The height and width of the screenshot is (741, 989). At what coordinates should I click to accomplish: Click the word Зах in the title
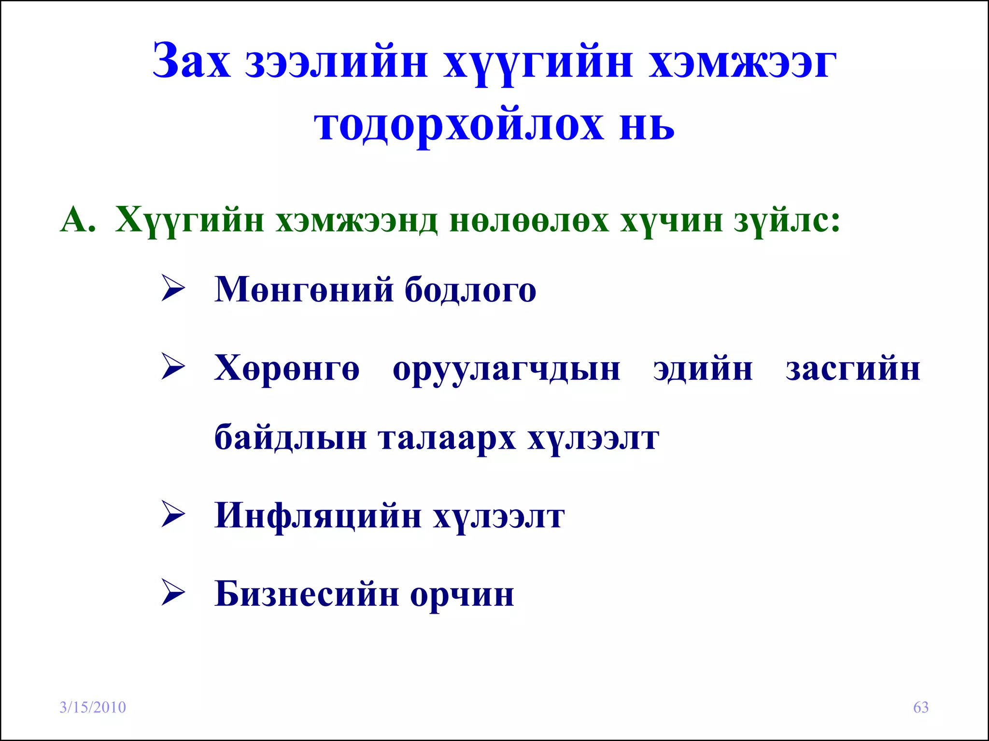click(191, 62)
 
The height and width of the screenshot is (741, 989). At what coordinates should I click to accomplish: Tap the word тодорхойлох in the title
click(458, 124)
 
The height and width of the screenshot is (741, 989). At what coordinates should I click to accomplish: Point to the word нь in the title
click(647, 124)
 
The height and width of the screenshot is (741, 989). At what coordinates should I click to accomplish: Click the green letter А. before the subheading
click(77, 220)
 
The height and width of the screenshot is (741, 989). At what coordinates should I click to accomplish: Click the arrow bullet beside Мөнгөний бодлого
click(173, 288)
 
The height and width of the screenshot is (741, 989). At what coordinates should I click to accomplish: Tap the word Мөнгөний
click(304, 290)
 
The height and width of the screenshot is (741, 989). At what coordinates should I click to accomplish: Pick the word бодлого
click(470, 290)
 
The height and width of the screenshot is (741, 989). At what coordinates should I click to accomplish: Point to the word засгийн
click(853, 370)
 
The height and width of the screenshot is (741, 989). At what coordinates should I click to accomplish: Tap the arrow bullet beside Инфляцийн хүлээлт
click(173, 514)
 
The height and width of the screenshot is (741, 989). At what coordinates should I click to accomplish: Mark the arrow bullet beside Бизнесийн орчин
click(173, 592)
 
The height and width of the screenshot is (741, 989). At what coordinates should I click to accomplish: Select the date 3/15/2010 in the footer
click(93, 707)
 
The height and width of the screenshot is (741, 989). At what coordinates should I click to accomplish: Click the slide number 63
click(921, 707)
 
